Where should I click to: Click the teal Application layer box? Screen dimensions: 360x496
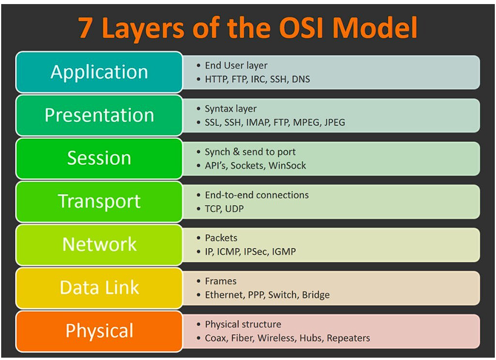tap(99, 72)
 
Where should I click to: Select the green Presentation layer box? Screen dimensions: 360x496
tap(99, 115)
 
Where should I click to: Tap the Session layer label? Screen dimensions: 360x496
tap(99, 158)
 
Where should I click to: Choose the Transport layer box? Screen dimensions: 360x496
tap(99, 201)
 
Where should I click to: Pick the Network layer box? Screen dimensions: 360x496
tap(99, 244)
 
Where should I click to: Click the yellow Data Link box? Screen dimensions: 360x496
tap(99, 287)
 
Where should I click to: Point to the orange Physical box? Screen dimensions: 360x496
tap(99, 330)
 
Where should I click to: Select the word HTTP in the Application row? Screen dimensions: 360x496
tap(217, 79)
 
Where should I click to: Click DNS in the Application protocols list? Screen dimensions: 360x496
tap(300, 79)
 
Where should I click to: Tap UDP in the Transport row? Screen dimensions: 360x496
tap(234, 208)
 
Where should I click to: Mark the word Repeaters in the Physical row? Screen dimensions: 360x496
tap(348, 338)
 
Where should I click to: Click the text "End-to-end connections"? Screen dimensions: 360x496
tap(256, 195)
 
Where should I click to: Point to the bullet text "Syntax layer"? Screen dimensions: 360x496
tap(230, 109)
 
